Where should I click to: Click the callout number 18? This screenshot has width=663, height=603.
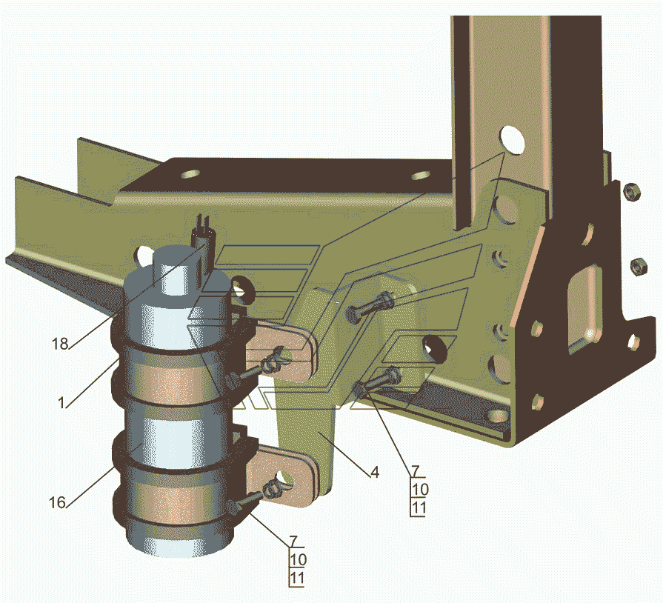tap(60, 344)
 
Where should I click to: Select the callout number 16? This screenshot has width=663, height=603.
tap(57, 502)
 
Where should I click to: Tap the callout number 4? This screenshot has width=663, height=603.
tap(375, 473)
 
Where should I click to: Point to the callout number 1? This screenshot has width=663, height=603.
tap(61, 402)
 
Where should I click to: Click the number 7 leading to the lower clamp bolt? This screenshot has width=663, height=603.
tap(293, 542)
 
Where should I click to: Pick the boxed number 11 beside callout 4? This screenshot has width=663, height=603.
tap(419, 507)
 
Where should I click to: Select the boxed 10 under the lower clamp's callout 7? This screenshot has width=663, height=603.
tap(298, 560)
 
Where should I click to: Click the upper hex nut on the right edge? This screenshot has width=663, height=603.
tap(632, 192)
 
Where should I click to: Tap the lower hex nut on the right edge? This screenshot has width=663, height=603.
tap(639, 266)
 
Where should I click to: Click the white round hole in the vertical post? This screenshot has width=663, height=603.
tap(512, 140)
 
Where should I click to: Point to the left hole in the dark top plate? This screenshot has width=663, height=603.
tap(190, 173)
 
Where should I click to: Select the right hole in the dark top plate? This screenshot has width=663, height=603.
tap(422, 176)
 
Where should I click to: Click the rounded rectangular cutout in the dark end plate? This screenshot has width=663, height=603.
tap(584, 308)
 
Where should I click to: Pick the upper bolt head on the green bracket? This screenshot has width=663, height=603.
tap(370, 307)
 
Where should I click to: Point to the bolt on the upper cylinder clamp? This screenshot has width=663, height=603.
tap(253, 368)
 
